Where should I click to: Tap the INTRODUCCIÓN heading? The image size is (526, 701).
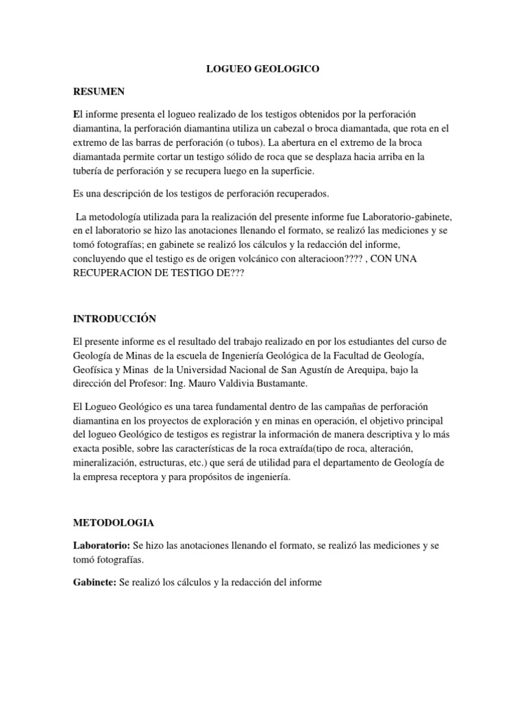coord(115,318)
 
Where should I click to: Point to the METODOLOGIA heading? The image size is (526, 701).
coord(114,522)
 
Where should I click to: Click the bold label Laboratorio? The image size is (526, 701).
coord(101,546)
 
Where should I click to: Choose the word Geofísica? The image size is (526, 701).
coord(96,370)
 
